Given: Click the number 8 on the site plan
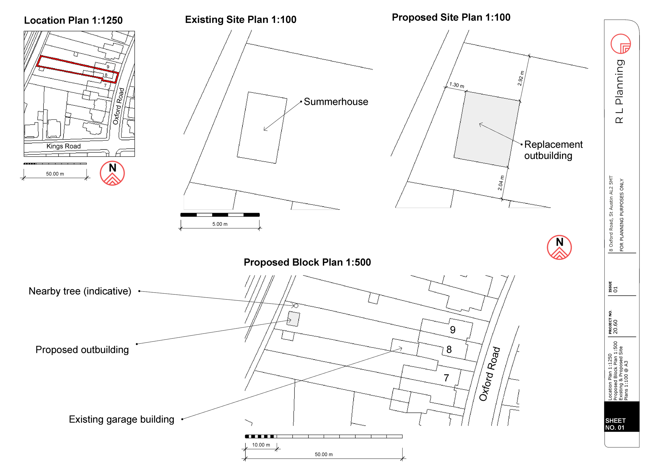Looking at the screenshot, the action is pyautogui.click(x=106, y=75).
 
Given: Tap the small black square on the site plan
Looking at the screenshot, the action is pyautogui.click(x=41, y=69).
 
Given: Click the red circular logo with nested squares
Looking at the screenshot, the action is pyautogui.click(x=621, y=44).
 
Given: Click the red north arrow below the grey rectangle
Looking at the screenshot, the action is pyautogui.click(x=559, y=247).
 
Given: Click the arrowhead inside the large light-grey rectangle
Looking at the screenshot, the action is pyautogui.click(x=480, y=124).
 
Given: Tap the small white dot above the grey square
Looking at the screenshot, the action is pyautogui.click(x=296, y=305).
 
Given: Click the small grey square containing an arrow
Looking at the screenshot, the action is pyautogui.click(x=293, y=319).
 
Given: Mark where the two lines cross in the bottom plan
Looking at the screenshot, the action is pyautogui.click(x=346, y=366).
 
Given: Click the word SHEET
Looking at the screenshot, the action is pyautogui.click(x=615, y=421).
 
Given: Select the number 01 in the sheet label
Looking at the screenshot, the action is pyautogui.click(x=621, y=428).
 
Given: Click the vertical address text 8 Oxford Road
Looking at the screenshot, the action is pyautogui.click(x=611, y=214).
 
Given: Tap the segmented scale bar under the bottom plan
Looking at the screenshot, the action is pyautogui.click(x=326, y=436).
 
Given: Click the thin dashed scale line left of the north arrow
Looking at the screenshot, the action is pyautogui.click(x=56, y=164).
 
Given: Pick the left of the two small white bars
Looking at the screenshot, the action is pyautogui.click(x=204, y=215).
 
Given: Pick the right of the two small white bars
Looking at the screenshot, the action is pyautogui.click(x=236, y=215).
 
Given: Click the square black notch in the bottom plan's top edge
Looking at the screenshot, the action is pyautogui.click(x=288, y=336).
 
